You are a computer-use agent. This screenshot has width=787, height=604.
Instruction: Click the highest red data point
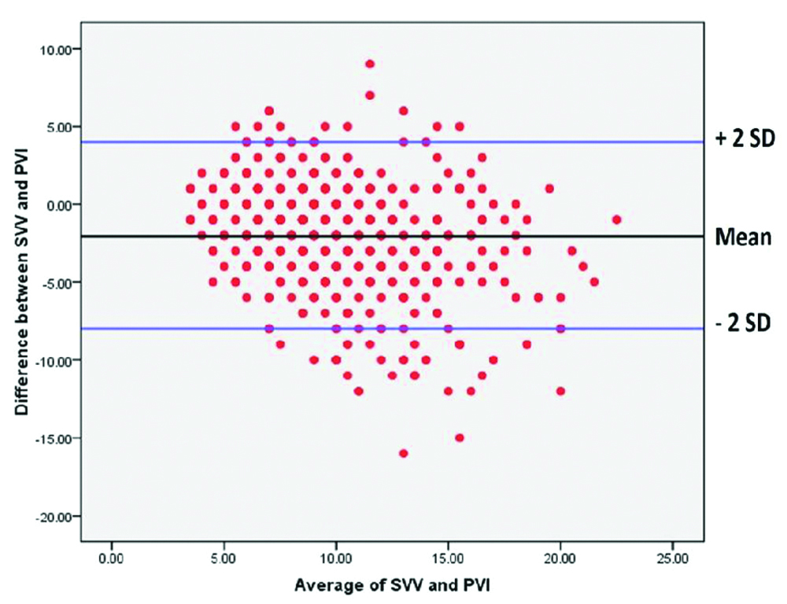pyautogui.click(x=369, y=64)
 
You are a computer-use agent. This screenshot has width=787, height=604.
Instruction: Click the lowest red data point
pyautogui.click(x=403, y=453)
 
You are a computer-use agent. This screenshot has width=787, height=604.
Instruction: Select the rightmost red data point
pyautogui.click(x=616, y=219)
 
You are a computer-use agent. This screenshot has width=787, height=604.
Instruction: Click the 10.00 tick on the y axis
pyautogui.click(x=56, y=50)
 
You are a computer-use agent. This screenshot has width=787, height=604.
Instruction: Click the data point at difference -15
pyautogui.click(x=459, y=437)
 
